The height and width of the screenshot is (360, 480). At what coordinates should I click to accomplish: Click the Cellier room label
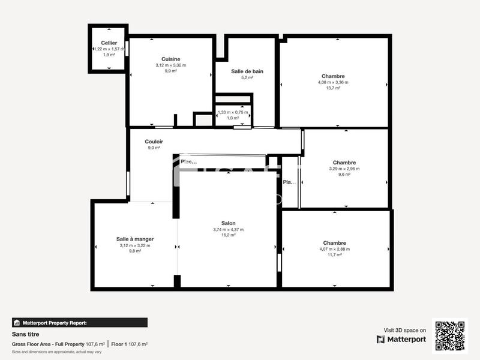point(109,43)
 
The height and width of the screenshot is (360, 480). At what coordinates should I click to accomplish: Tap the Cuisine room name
point(171,59)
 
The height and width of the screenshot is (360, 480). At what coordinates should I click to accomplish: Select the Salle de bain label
point(247,71)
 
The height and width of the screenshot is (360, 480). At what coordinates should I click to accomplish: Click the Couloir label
point(154,142)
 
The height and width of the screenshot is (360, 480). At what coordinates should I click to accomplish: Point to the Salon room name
point(228,223)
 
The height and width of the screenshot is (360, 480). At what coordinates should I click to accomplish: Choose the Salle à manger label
point(135,239)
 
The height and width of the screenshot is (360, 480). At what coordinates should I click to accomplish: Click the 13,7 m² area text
point(333,88)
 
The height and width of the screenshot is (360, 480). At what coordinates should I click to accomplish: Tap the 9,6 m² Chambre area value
point(344,175)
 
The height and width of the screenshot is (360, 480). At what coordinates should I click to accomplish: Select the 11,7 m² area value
point(334,255)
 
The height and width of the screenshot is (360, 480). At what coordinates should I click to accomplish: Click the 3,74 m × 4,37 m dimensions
point(228,229)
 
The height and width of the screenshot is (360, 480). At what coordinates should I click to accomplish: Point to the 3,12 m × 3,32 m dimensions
point(171,65)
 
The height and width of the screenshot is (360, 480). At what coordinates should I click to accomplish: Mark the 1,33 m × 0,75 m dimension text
point(233,112)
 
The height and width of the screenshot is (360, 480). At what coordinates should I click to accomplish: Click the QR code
point(449,335)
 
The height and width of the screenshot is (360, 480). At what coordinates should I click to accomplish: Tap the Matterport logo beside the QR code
point(401,339)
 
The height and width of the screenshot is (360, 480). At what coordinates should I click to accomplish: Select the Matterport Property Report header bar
point(80,322)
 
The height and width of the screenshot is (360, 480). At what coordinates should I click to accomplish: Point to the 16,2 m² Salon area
point(228,235)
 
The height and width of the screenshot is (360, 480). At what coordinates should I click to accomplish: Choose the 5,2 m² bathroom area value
point(247,77)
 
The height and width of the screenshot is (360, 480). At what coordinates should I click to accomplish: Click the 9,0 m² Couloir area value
point(154,148)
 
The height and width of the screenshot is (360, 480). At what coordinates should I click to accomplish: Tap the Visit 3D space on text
point(405,330)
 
